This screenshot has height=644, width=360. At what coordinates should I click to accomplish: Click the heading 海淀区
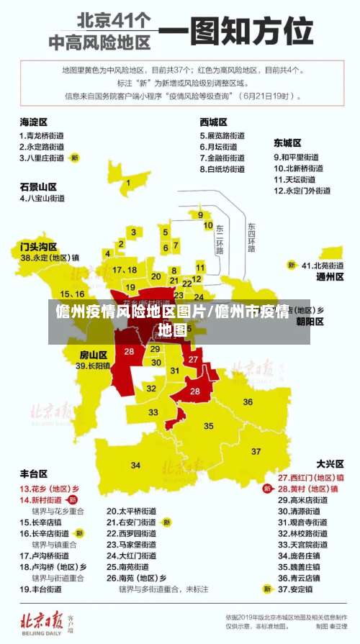(x=34, y=122)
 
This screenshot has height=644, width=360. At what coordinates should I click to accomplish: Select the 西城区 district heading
(x=214, y=122)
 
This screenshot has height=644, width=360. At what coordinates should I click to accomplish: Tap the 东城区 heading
(x=287, y=143)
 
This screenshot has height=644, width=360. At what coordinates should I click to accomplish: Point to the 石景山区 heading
(x=38, y=186)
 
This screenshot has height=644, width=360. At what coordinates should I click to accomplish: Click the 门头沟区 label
(x=38, y=246)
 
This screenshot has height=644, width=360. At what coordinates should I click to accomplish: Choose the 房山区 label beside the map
(x=93, y=355)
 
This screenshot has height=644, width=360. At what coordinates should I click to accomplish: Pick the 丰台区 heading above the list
(x=34, y=473)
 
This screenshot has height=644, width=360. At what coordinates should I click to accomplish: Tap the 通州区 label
(x=330, y=276)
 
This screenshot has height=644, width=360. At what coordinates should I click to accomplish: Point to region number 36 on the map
(x=248, y=402)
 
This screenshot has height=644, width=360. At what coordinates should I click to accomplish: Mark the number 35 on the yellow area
(x=209, y=426)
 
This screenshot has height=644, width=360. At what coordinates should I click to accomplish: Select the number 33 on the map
(x=154, y=412)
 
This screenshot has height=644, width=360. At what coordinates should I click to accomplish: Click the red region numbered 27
(x=193, y=359)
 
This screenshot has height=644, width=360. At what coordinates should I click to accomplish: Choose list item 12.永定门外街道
(x=302, y=191)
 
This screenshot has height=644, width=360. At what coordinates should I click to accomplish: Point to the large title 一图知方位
(x=236, y=32)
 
